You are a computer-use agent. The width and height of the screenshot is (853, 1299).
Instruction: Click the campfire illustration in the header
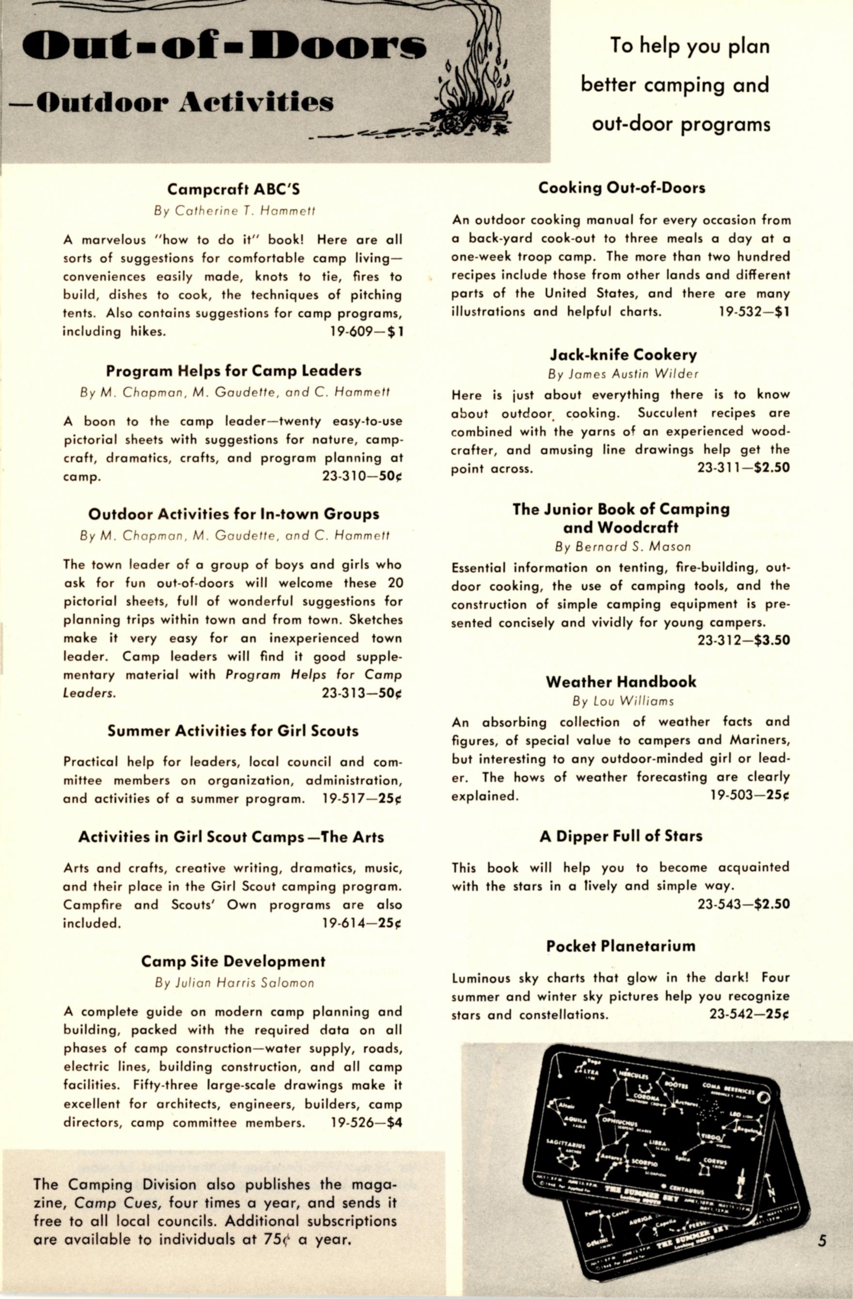click(x=473, y=87)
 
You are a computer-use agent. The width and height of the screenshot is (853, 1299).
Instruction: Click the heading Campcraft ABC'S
click(x=233, y=189)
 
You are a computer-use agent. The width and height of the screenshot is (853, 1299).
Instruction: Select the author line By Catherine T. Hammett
click(x=234, y=211)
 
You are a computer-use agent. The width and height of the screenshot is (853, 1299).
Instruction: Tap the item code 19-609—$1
click(x=366, y=331)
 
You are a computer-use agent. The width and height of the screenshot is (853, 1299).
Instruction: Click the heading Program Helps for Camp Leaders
click(x=233, y=371)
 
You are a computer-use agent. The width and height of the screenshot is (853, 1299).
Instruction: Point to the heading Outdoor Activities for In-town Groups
click(x=233, y=514)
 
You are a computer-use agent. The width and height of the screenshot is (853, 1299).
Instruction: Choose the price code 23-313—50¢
click(x=362, y=693)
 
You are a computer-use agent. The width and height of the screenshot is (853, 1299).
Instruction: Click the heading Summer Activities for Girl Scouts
click(x=233, y=731)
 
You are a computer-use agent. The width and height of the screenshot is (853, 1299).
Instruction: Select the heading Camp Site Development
click(x=233, y=961)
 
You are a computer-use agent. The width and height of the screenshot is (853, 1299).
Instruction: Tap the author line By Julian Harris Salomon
click(x=234, y=983)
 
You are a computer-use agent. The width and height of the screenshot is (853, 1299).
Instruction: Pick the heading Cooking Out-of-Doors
click(x=621, y=188)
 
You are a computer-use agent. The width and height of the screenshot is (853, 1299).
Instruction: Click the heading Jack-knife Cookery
click(x=623, y=355)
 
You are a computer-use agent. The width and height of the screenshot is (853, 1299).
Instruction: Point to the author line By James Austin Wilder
click(x=623, y=374)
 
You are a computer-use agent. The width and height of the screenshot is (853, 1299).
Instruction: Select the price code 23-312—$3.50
click(x=744, y=640)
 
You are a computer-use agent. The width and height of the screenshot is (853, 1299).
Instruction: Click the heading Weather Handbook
click(x=621, y=682)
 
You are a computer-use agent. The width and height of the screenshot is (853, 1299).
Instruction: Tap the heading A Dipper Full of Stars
click(x=621, y=836)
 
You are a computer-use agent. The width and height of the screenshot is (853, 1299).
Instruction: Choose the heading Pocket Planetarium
click(x=621, y=946)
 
